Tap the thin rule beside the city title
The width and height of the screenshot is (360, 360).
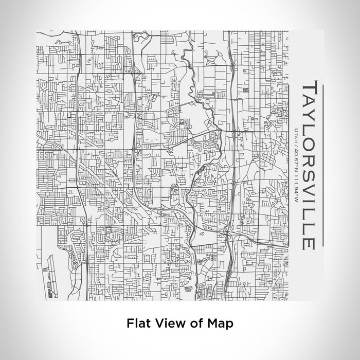[323, 165]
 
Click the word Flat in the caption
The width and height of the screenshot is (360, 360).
[138, 324]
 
